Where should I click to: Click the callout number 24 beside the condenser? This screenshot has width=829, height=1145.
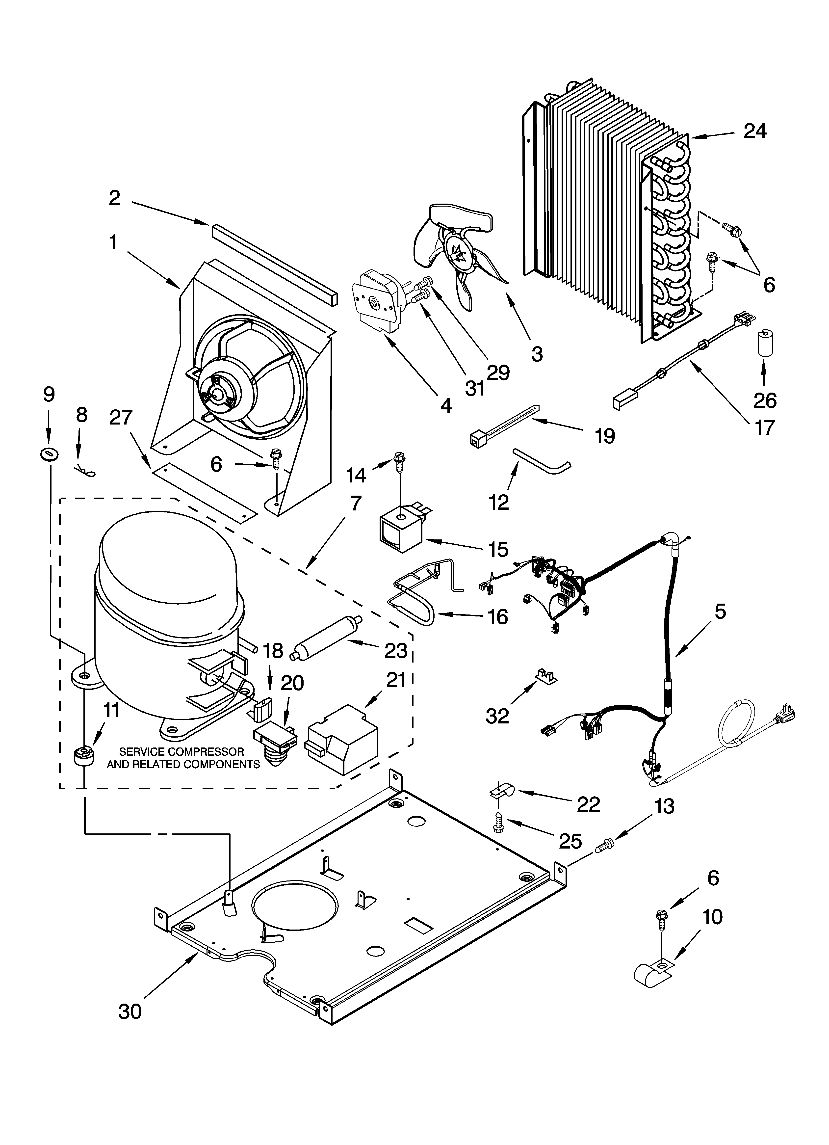[755, 131]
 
